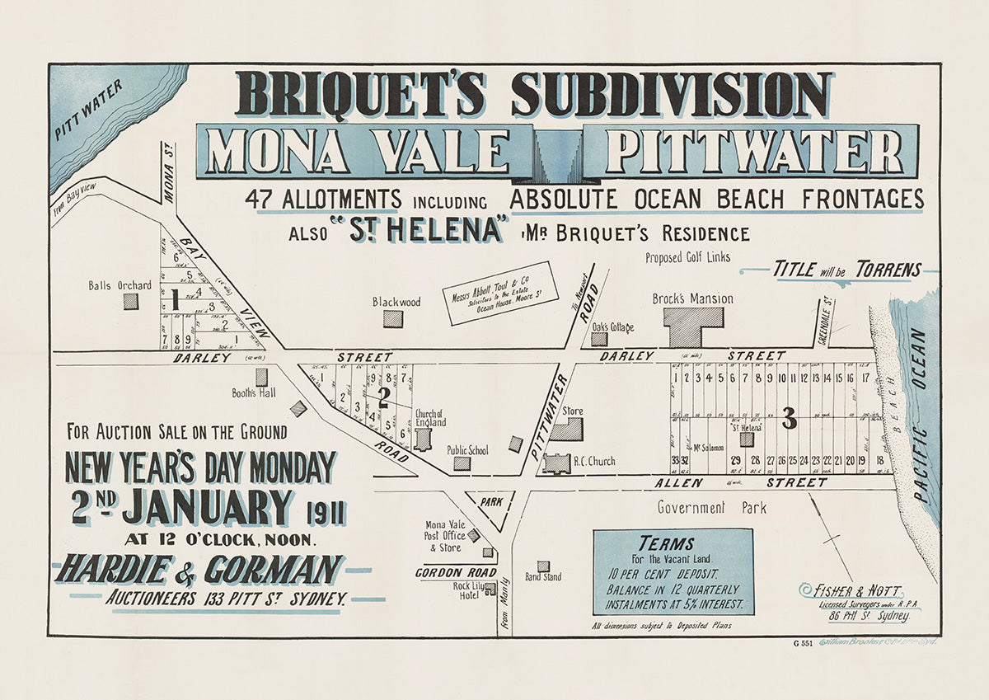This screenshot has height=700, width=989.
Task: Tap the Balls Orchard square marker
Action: click(x=131, y=301)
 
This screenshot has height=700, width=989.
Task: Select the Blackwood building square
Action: click(x=393, y=318)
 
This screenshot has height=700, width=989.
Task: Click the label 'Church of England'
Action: click(x=429, y=418)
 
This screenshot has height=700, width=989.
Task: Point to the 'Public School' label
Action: click(x=467, y=450)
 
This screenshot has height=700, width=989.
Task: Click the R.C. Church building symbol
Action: click(x=556, y=463)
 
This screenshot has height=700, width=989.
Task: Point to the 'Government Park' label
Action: click(x=711, y=508)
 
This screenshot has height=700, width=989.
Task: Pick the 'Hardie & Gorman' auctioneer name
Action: click(x=199, y=570)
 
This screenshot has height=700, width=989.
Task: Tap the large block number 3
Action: click(x=789, y=420)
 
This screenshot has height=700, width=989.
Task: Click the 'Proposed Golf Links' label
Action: click(x=687, y=257)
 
